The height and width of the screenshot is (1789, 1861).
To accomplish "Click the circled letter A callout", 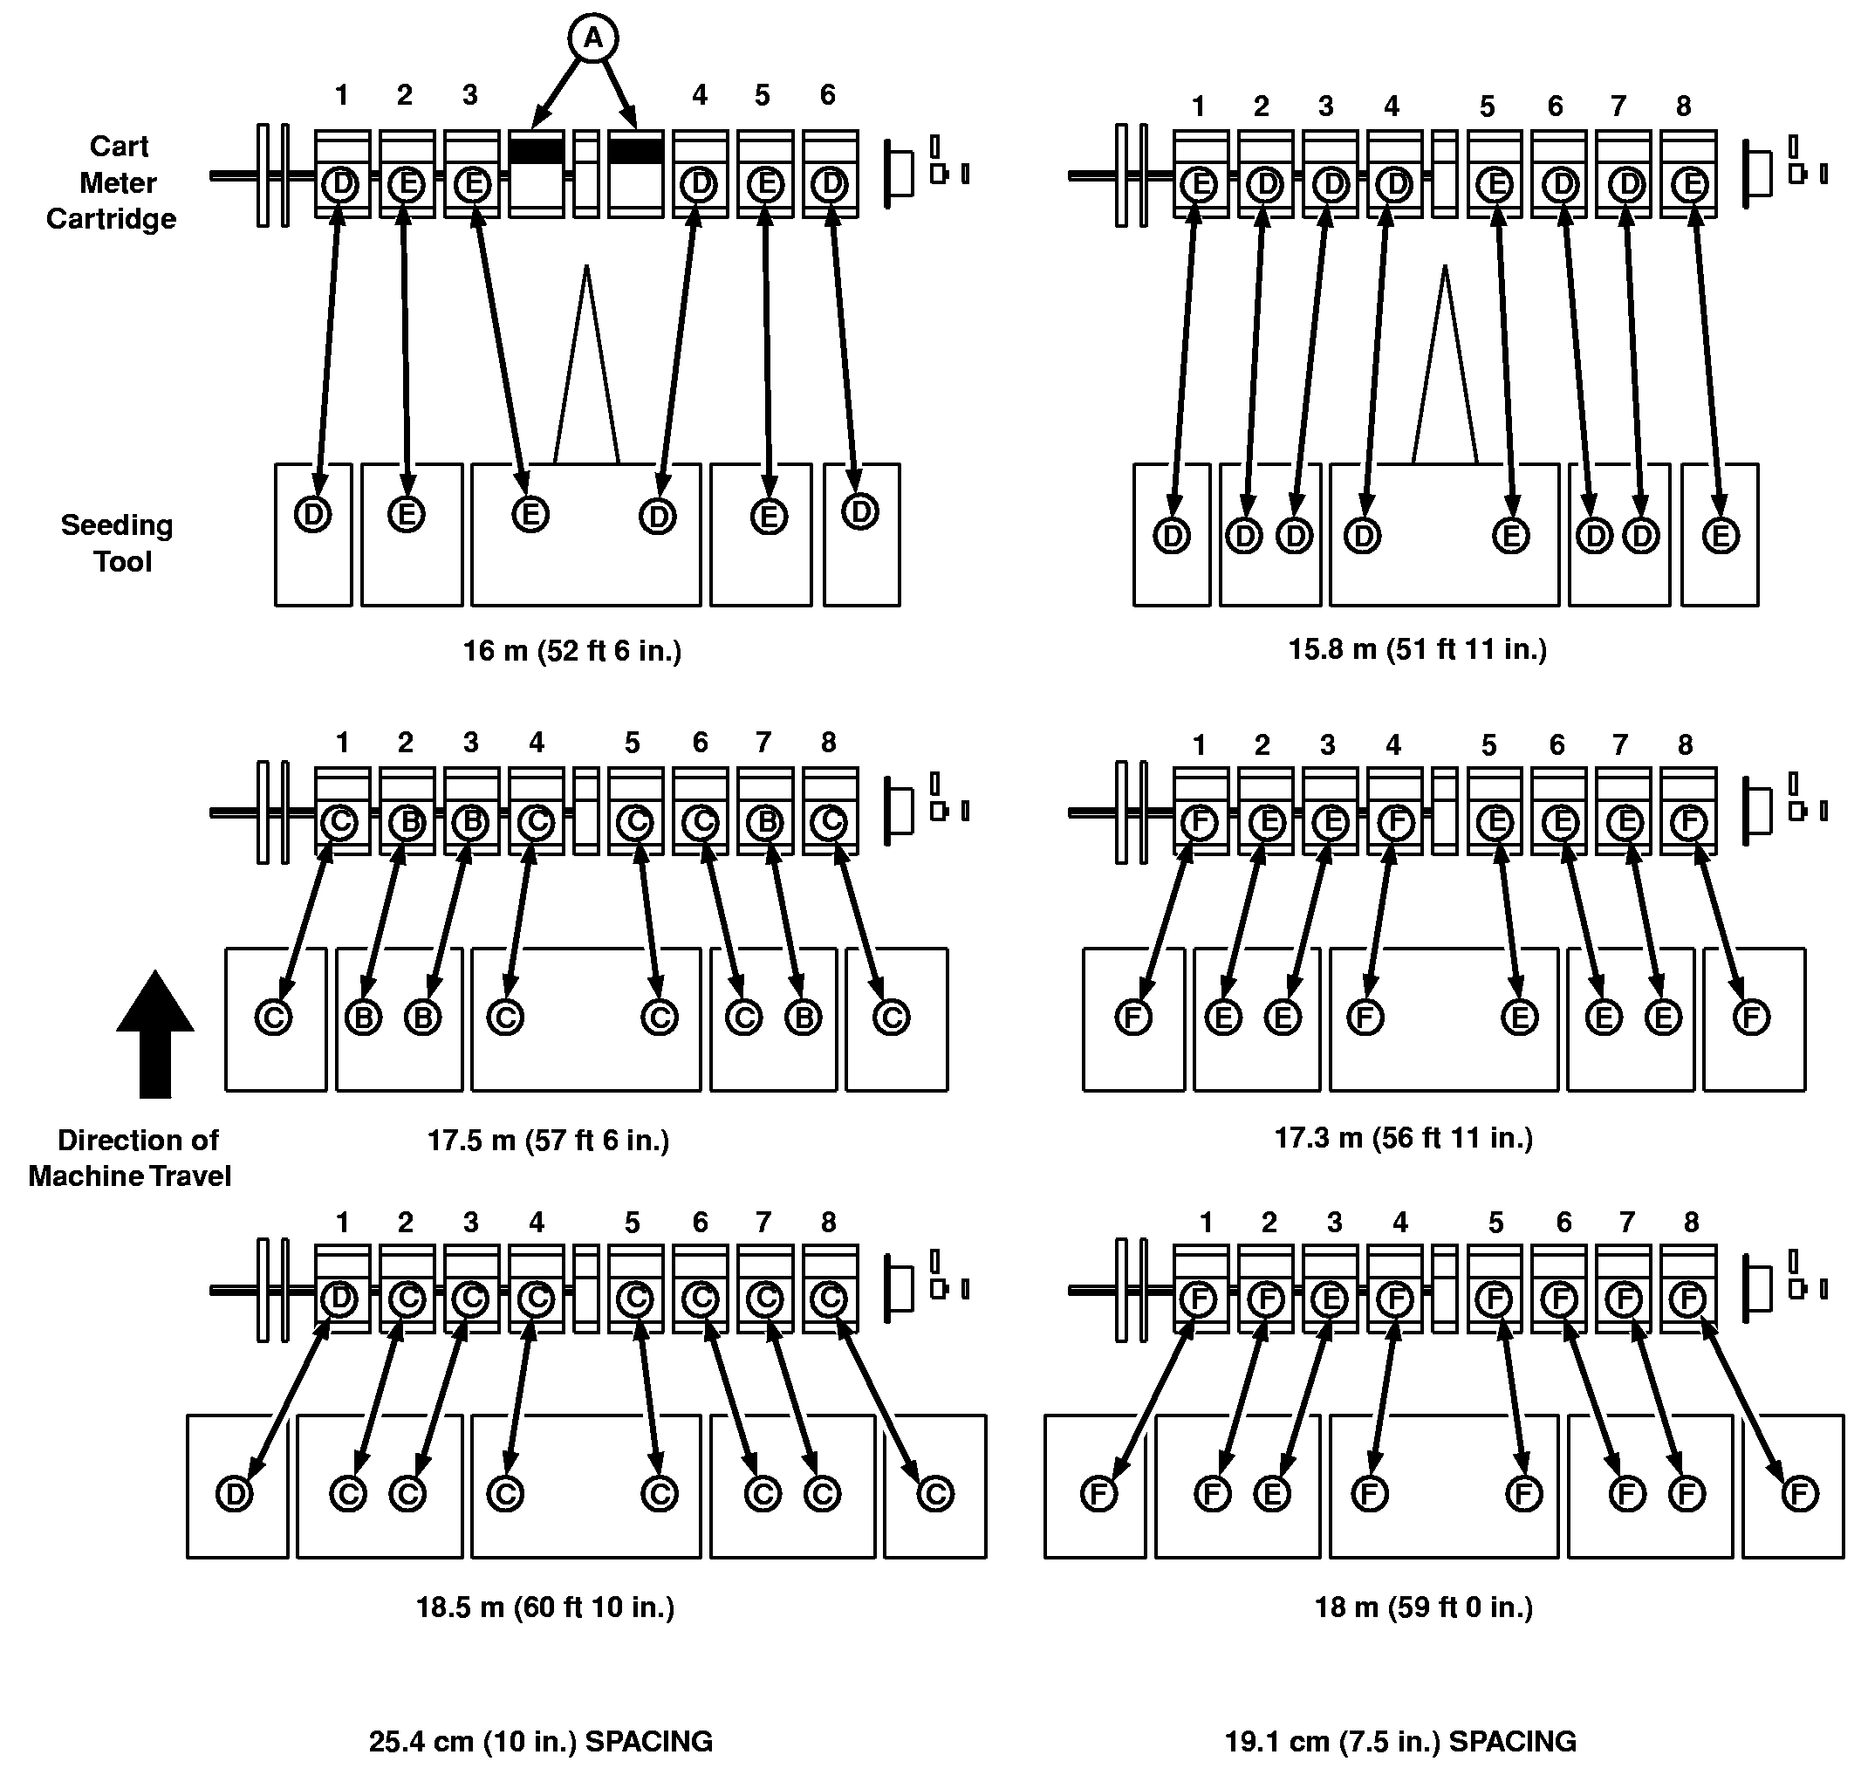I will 592,39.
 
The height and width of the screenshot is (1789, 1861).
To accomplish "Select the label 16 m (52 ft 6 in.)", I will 571,650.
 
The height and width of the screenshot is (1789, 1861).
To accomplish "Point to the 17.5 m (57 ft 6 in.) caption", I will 548,1140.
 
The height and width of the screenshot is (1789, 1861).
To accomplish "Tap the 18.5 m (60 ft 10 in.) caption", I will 545,1607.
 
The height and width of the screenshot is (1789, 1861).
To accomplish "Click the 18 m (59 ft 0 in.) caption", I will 1423,1607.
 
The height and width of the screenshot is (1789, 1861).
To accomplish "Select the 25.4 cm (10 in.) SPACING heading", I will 540,1741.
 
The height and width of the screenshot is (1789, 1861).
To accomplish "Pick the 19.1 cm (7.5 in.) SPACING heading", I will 1400,1741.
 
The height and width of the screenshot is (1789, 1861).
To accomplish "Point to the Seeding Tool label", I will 118,543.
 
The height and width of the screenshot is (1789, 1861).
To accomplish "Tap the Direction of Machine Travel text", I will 131,1157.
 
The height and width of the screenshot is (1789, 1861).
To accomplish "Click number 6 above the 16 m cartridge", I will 827,95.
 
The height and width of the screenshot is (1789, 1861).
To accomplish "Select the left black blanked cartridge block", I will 537,150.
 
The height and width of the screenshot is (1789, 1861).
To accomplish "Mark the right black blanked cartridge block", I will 635,150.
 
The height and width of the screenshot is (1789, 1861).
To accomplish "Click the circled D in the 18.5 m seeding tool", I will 234,1494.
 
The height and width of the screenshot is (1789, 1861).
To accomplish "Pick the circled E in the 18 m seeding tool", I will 1271,1494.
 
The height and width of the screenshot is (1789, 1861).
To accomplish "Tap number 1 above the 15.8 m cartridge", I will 1198,106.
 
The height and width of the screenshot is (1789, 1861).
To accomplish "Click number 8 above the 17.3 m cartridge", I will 1685,745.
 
